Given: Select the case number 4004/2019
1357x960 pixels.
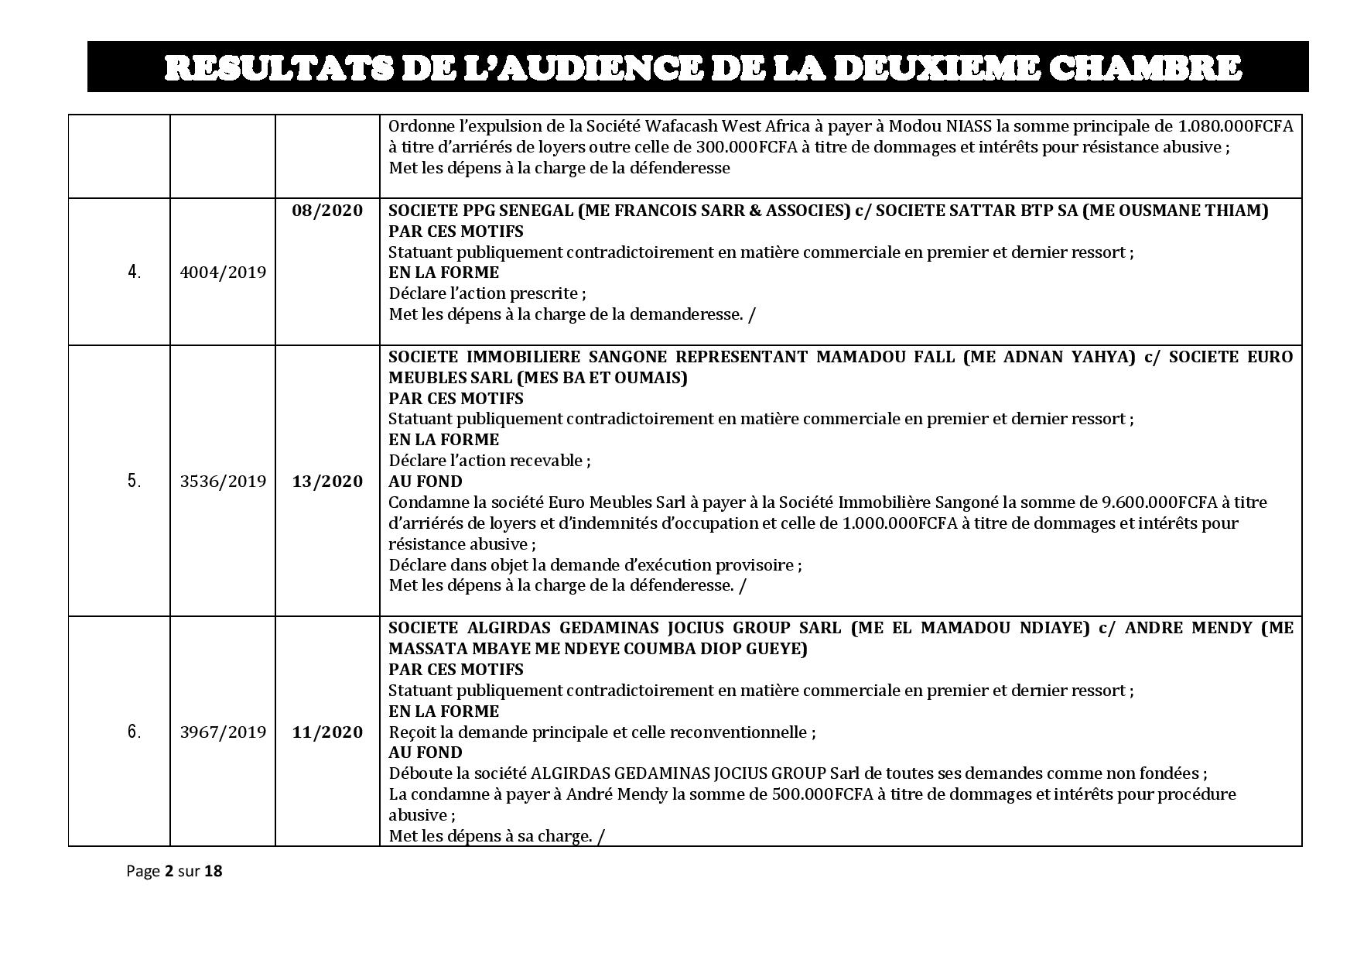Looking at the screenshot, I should click(223, 273).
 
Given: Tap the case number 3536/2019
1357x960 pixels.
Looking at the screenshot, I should click(223, 482).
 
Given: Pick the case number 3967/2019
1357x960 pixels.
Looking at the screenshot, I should click(223, 732).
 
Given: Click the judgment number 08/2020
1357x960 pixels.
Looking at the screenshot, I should click(327, 211).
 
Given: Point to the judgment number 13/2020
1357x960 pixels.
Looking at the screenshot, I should click(327, 482).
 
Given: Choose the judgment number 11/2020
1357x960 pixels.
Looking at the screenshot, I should click(327, 732).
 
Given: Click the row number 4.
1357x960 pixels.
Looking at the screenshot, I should click(135, 273).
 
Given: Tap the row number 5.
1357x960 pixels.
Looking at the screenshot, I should click(135, 482).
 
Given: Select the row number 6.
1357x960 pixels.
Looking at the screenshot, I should click(135, 732).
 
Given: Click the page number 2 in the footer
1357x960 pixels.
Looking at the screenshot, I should click(169, 871).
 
